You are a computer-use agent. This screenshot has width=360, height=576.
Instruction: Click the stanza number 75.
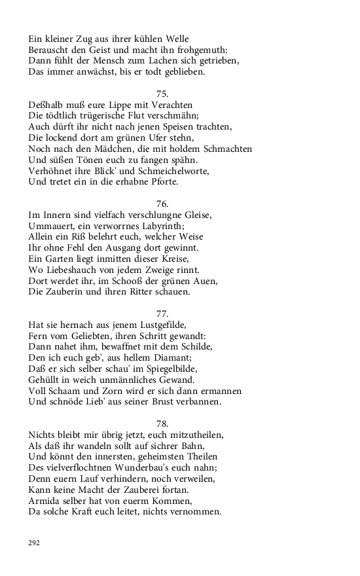click(163, 94)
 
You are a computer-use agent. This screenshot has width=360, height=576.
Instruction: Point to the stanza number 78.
click(163, 423)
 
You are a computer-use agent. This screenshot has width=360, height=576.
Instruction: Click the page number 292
click(34, 543)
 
